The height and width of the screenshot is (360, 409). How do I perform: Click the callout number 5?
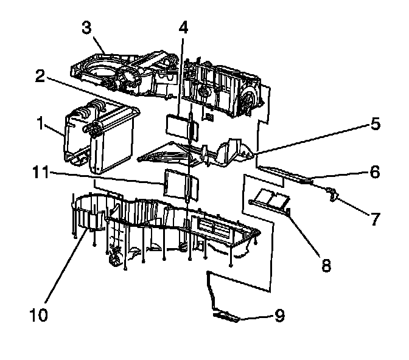[375, 125]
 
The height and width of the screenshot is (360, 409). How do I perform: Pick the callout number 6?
[375, 173]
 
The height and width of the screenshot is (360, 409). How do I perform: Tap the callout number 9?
[279, 316]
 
